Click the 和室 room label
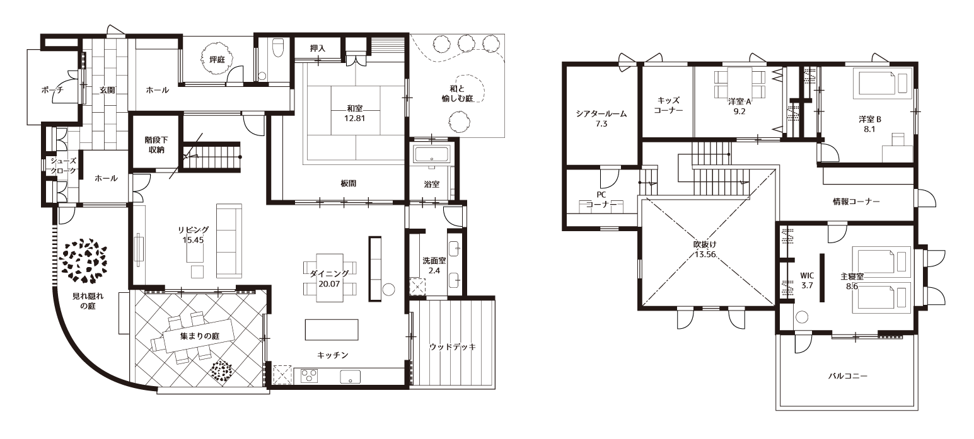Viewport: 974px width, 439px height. click(x=354, y=108)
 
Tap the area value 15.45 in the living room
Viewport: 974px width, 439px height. click(x=194, y=240)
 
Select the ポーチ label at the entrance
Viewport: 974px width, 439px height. click(x=52, y=90)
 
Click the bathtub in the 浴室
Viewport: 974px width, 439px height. click(x=431, y=154)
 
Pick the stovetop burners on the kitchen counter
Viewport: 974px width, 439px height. click(x=309, y=375)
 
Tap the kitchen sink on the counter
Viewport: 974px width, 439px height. click(x=351, y=376)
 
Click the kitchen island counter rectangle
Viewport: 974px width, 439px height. click(x=332, y=329)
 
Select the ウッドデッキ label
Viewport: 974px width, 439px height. click(x=453, y=347)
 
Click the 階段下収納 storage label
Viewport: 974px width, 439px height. click(x=156, y=145)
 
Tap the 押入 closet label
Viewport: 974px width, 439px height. click(x=318, y=48)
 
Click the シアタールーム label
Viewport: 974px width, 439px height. click(x=601, y=114)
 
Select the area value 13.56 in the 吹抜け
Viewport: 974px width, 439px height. click(x=705, y=254)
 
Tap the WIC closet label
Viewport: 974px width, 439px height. click(x=807, y=276)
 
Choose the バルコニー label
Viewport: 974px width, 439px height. click(x=847, y=375)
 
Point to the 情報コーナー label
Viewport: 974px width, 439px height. click(x=856, y=202)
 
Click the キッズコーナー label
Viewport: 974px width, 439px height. click(x=668, y=105)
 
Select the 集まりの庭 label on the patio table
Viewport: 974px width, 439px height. click(x=200, y=336)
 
